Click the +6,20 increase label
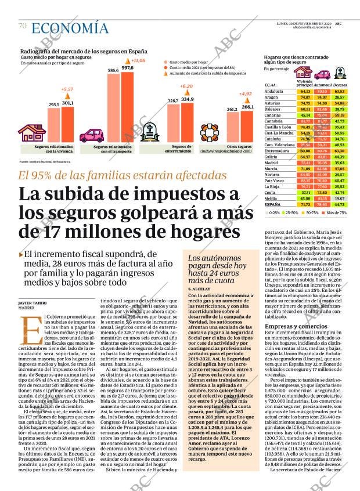pyautogui.click(x=186, y=86)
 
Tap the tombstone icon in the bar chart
pyautogui.click(x=153, y=131)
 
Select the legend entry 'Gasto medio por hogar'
pyautogui.click(x=189, y=61)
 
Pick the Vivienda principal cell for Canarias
pyautogui.click(x=305, y=115)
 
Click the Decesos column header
pyautogui.click(x=340, y=85)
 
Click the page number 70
pyautogui.click(x=22, y=26)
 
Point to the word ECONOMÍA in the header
pyautogui.click(x=70, y=27)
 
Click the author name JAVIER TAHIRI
pyautogui.click(x=33, y=302)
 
